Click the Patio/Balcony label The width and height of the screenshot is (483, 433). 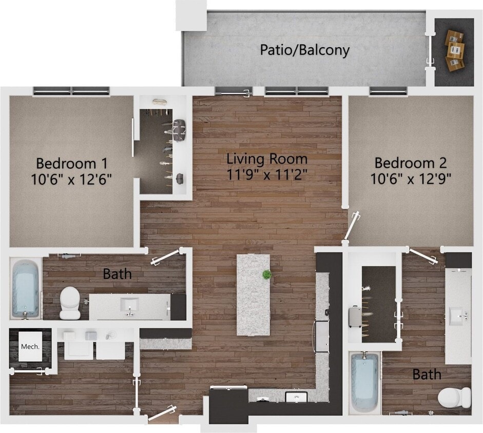[x=304, y=50]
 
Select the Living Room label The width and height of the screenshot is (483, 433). [x=267, y=159]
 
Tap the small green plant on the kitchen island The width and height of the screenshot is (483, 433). [x=266, y=274]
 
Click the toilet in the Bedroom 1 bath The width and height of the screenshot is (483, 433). [x=69, y=303]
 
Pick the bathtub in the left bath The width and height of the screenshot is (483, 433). [x=25, y=288]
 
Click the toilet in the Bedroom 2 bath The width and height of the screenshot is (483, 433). [x=454, y=397]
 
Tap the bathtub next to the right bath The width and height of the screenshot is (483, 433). [x=365, y=382]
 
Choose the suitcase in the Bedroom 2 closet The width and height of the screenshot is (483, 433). [x=355, y=317]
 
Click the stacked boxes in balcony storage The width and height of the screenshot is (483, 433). [x=454, y=50]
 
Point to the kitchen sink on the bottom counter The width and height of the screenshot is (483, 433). [x=296, y=397]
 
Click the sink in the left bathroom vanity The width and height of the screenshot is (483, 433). [x=129, y=305]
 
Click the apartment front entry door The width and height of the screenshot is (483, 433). [x=163, y=414]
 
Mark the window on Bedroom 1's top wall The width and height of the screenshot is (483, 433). [x=71, y=91]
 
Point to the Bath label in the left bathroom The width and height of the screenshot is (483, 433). [x=117, y=274]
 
